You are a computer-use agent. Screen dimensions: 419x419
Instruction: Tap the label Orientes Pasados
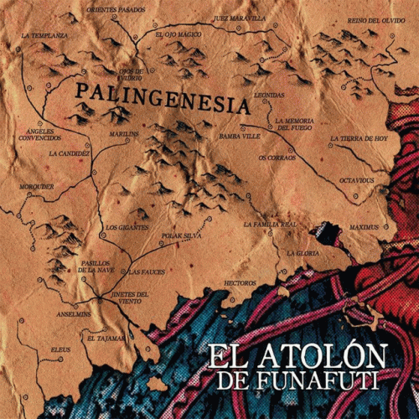click(116, 9)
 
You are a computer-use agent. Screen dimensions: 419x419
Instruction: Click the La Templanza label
click(45, 36)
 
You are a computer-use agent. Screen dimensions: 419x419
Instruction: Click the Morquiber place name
click(37, 186)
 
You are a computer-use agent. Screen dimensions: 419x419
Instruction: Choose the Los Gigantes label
click(127, 227)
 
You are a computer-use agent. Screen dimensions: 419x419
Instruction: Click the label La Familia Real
click(271, 225)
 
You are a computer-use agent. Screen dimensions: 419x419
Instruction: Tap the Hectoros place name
click(241, 283)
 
